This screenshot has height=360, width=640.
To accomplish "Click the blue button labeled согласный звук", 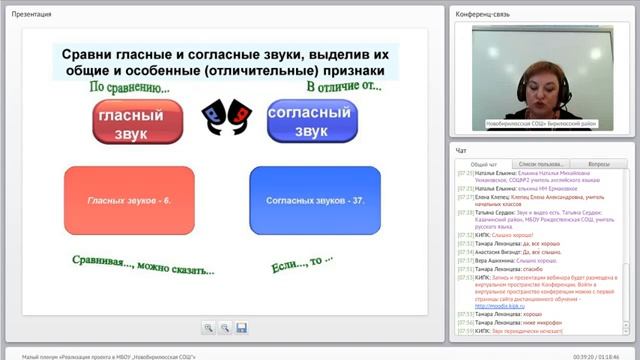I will pyautogui.click(x=312, y=121).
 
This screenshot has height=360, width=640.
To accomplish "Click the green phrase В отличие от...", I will pyautogui.click(x=344, y=88).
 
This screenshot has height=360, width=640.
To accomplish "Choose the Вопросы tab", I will pyautogui.click(x=600, y=163).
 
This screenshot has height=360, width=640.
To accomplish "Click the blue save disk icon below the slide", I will pyautogui.click(x=242, y=328).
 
